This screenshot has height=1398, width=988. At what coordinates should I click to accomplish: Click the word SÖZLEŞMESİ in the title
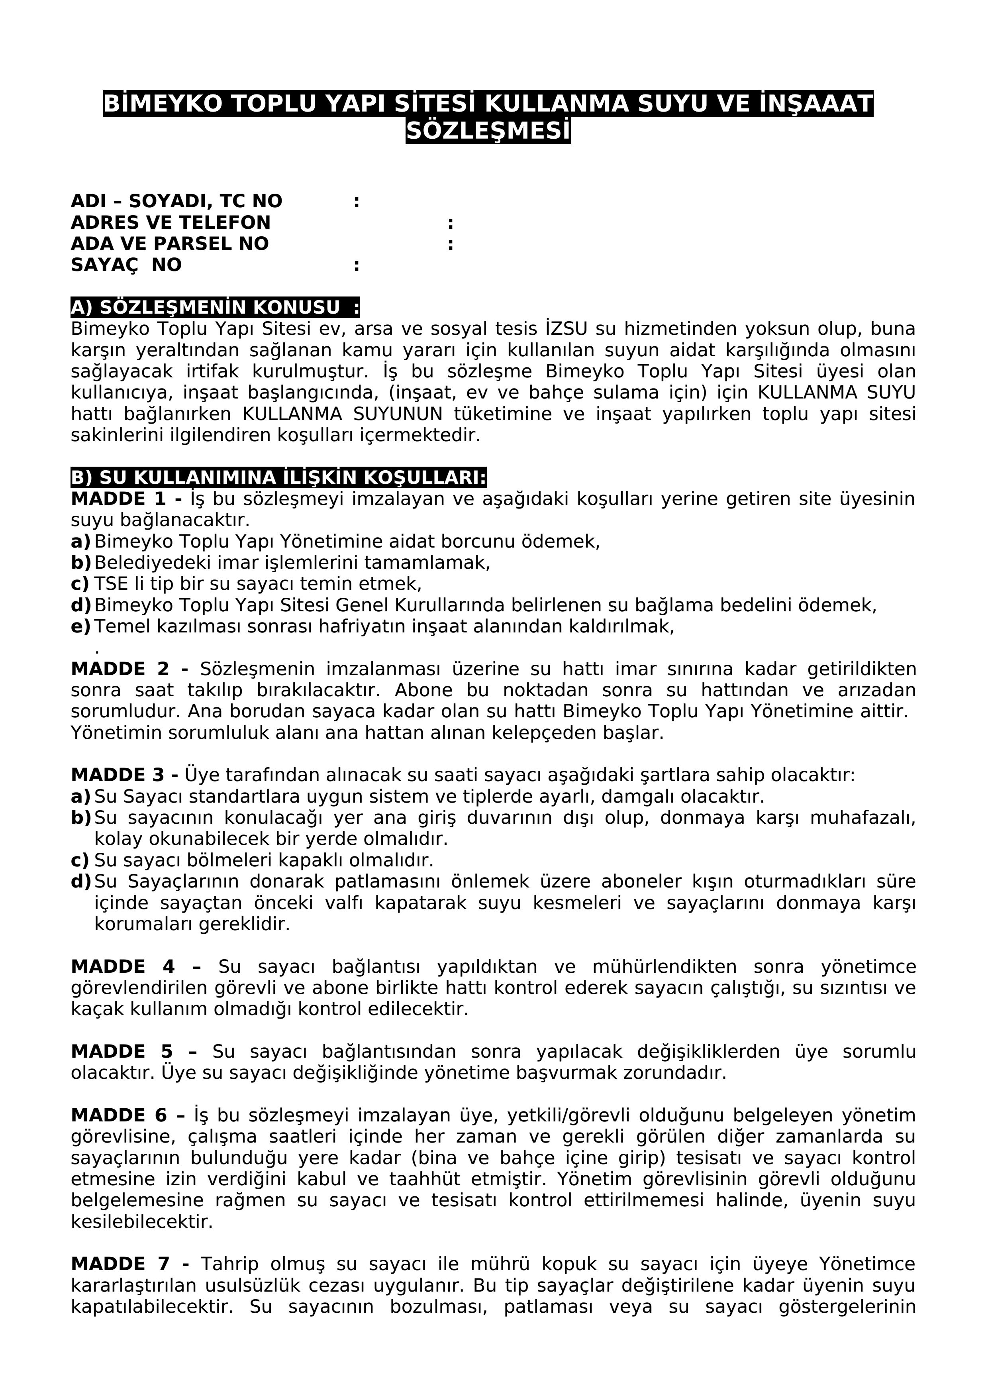[488, 132]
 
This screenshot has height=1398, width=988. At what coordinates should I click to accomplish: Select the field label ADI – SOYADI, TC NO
[176, 202]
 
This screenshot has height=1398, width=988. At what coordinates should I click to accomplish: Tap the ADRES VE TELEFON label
[171, 223]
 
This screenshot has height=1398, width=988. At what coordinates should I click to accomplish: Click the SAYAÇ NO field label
[126, 265]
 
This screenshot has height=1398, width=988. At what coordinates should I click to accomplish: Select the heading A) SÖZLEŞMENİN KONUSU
[215, 308]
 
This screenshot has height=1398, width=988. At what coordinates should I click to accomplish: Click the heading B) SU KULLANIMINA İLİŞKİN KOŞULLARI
[278, 478]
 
